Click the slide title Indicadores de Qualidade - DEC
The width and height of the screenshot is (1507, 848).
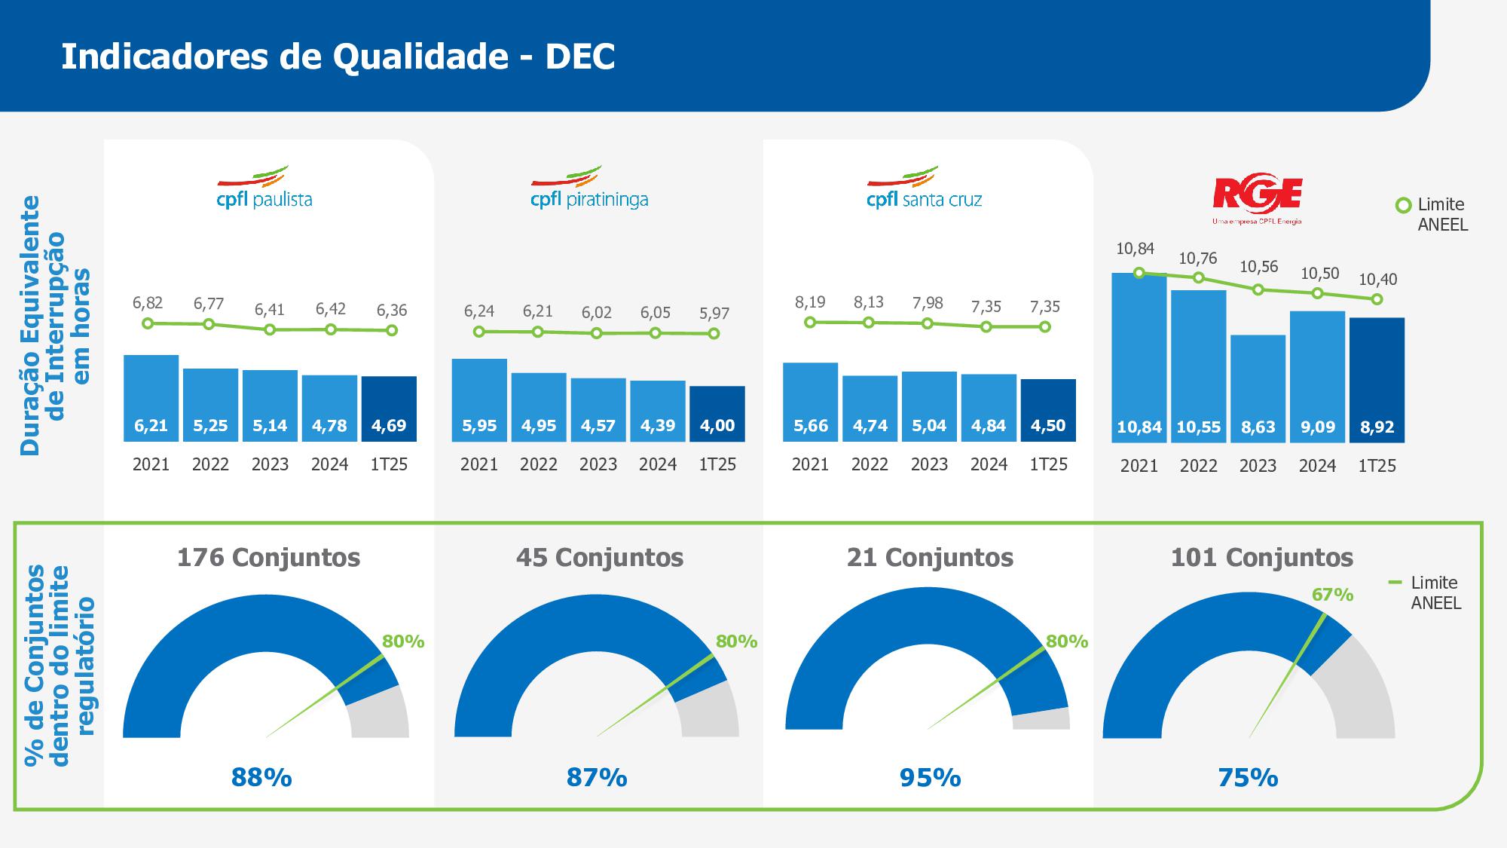(338, 57)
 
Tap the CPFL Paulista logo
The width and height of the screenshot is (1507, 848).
(264, 188)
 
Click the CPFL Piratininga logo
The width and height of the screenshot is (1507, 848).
(589, 188)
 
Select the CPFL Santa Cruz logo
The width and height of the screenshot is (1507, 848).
(925, 188)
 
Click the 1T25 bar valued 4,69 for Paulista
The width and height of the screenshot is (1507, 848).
(389, 409)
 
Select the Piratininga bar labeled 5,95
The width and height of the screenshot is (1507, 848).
(479, 400)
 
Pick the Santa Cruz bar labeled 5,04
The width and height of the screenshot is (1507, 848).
(929, 406)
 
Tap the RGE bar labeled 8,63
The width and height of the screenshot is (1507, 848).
(1258, 388)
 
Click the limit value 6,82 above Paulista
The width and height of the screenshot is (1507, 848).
(148, 303)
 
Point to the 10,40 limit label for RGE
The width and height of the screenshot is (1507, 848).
(1377, 280)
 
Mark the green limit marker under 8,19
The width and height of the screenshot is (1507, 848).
(810, 323)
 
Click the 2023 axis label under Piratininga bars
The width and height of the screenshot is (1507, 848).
(598, 464)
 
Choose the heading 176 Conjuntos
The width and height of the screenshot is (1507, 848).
(268, 558)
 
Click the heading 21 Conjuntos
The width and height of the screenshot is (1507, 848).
(930, 558)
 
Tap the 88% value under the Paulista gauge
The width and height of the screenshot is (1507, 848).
(261, 777)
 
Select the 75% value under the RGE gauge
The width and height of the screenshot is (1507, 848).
(1248, 777)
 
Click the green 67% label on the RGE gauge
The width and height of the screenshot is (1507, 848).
(1332, 595)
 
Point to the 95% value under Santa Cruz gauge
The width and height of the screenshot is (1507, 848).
(930, 777)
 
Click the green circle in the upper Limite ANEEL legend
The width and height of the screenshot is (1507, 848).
(1403, 205)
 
